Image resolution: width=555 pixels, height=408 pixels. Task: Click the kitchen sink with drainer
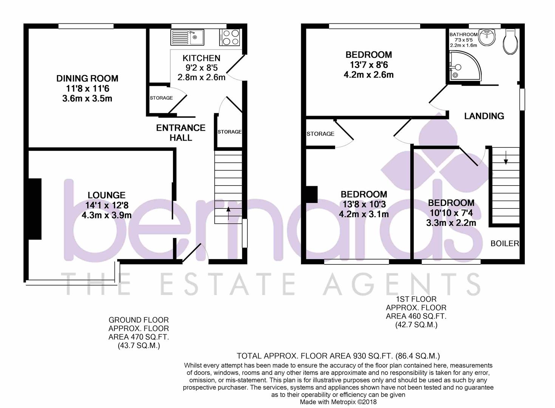187,37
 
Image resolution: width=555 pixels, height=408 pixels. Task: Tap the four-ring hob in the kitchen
230,37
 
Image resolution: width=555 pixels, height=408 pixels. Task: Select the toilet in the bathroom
511,42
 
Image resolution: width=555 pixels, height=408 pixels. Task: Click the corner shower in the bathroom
465,66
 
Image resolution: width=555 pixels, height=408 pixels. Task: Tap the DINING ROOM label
87,79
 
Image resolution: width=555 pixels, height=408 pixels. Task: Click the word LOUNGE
107,195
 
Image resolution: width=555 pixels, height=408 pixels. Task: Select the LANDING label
484,116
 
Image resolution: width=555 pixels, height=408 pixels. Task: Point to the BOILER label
505,244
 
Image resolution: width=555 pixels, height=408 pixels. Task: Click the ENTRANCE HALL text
181,133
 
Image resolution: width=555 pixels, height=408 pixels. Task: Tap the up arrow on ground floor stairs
228,213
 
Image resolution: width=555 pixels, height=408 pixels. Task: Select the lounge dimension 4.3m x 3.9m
107,215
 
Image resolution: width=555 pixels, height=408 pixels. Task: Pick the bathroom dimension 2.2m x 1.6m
463,45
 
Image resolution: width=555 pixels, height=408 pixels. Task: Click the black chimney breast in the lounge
35,209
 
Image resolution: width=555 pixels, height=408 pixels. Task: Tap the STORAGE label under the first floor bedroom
320,134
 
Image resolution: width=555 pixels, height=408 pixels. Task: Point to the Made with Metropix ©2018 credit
338,402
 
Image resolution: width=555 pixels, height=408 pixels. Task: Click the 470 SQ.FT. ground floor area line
139,337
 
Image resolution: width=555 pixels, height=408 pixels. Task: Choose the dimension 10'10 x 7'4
451,213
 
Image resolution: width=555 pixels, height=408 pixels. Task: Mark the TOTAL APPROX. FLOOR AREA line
338,356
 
